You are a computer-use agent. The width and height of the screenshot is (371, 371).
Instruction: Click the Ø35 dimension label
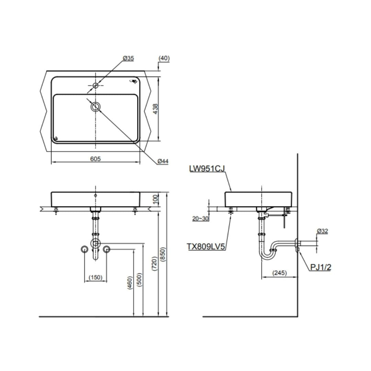coord(128,58)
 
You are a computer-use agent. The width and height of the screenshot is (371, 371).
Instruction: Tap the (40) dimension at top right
coord(164,58)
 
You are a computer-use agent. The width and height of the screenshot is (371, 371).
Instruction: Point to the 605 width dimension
coord(95,159)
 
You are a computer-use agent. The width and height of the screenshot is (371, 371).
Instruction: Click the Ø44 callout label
coord(163,161)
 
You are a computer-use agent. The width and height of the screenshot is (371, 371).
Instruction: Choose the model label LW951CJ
coord(206,169)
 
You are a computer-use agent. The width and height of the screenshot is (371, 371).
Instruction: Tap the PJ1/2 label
coord(321,267)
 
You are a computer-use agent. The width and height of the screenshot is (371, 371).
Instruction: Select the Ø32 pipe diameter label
coord(322,231)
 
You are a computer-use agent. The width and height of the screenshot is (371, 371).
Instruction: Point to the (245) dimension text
coord(279,273)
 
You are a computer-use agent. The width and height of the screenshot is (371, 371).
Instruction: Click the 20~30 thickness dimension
coord(201,218)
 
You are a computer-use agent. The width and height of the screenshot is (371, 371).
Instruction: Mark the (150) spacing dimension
coord(95,277)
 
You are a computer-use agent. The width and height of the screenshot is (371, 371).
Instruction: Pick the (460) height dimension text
coord(130,282)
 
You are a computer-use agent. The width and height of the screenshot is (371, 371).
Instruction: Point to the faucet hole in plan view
coord(95,85)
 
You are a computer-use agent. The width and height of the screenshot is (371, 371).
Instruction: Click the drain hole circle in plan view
coord(95,106)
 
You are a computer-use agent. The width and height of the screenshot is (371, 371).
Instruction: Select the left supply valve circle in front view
coord(84,249)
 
